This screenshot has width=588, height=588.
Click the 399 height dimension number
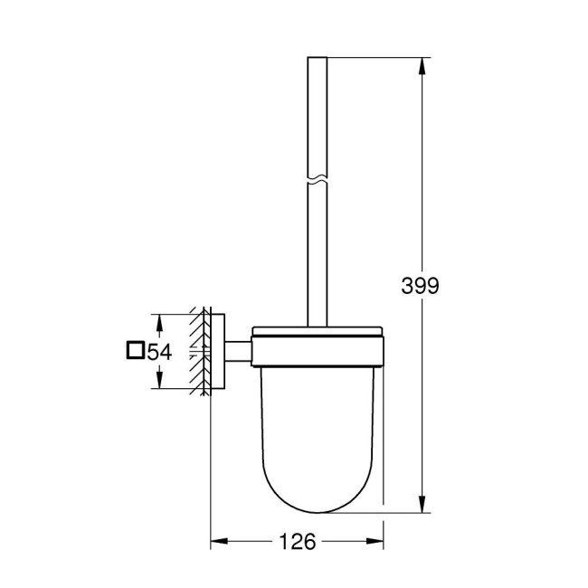[420, 286]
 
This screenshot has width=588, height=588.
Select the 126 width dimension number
[297, 543]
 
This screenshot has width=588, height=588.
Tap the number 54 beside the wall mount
[160, 352]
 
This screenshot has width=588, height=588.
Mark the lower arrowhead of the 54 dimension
[160, 384]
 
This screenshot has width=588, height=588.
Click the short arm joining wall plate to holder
[237, 351]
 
